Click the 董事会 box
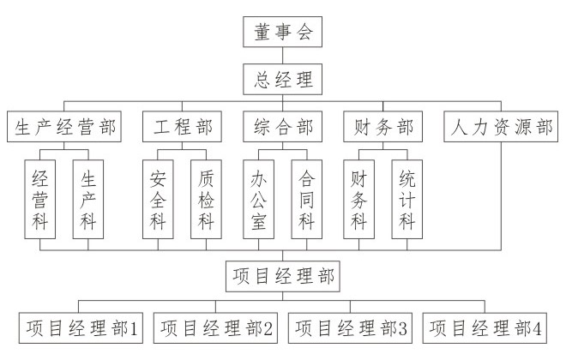pyautogui.click(x=282, y=32)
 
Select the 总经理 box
pyautogui.click(x=282, y=80)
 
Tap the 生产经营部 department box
pyautogui.click(x=64, y=127)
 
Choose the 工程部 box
pyautogui.click(x=182, y=127)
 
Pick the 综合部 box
pyautogui.click(x=282, y=127)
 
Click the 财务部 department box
pyautogui.click(x=383, y=127)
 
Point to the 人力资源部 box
pyautogui.click(x=501, y=127)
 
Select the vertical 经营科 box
pyautogui.click(x=40, y=200)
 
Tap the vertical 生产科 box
pyautogui.click(x=88, y=200)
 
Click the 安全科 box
pyautogui.click(x=158, y=200)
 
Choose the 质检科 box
pyautogui.click(x=206, y=200)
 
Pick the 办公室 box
pyautogui.click(x=258, y=200)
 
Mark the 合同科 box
pyautogui.click(x=307, y=200)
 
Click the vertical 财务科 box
pyautogui.click(x=358, y=200)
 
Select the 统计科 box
pyautogui.click(x=407, y=200)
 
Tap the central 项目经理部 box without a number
pyautogui.click(x=283, y=276)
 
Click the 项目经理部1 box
pyautogui.click(x=81, y=328)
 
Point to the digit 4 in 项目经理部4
pyautogui.click(x=537, y=328)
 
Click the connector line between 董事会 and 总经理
pyautogui.click(x=282, y=56)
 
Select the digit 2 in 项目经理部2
pyautogui.click(x=268, y=328)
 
